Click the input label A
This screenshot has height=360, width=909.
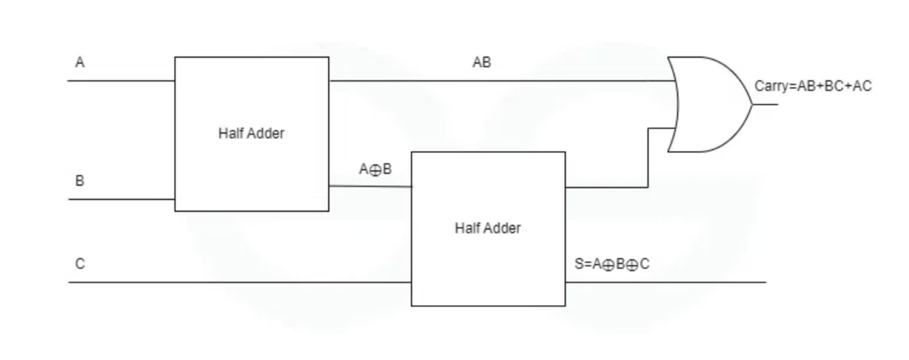[x=80, y=64]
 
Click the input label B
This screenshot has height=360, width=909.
[x=80, y=181]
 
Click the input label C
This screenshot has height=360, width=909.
[x=80, y=264]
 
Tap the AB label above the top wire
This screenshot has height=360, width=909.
[x=481, y=63]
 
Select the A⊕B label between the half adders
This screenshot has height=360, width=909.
[x=375, y=170]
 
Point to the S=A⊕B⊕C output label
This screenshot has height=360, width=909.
[x=611, y=264]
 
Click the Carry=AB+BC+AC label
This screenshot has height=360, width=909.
[x=812, y=86]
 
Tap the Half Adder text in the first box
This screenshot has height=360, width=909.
[x=251, y=134]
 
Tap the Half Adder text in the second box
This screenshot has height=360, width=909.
[x=488, y=228]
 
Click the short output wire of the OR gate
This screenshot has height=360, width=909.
[x=766, y=104]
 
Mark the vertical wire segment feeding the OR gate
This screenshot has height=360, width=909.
[x=649, y=158]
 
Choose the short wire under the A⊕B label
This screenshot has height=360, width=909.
[x=370, y=187]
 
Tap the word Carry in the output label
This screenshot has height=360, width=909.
[x=769, y=86]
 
